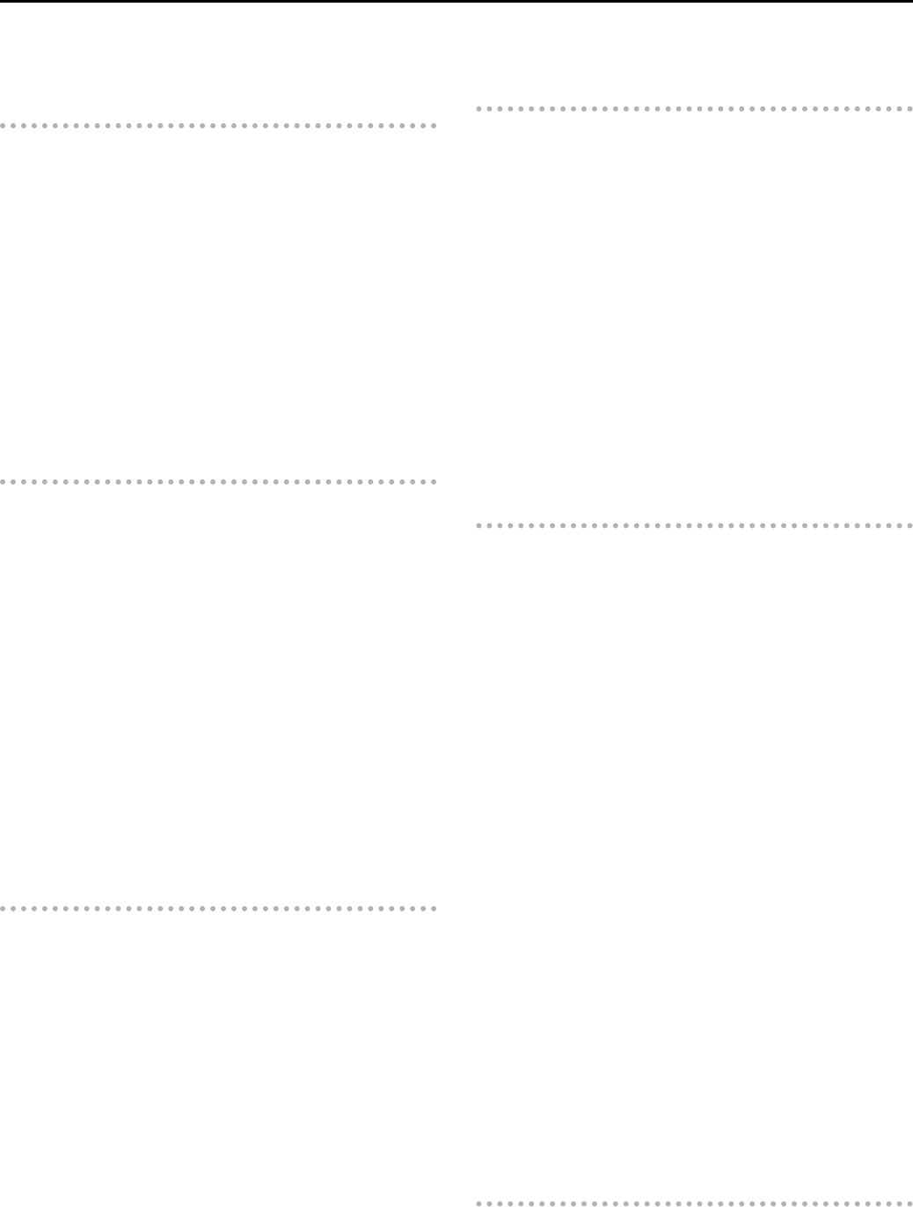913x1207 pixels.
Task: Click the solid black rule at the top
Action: click(x=456, y=2)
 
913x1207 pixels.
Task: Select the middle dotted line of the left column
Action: click(x=218, y=482)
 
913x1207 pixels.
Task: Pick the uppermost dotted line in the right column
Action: click(x=694, y=109)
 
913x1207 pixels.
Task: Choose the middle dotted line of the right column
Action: click(x=694, y=526)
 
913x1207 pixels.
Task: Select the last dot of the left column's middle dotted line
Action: click(x=434, y=482)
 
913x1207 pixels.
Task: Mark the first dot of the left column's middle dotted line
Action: click(x=3, y=482)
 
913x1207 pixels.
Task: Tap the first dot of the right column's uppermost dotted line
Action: click(x=478, y=109)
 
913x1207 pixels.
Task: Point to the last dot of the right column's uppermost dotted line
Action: click(x=909, y=109)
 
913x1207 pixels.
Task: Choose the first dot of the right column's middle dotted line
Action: click(x=478, y=526)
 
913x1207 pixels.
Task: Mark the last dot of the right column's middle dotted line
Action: click(x=909, y=526)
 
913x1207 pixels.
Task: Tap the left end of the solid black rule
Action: click(x=2, y=2)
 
